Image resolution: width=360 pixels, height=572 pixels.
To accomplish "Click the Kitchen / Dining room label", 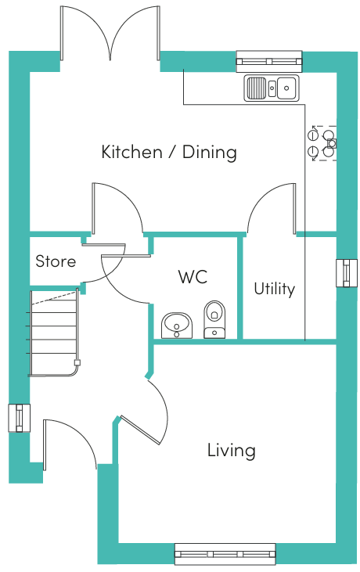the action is (169, 152).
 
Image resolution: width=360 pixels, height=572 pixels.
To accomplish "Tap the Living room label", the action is (231, 451).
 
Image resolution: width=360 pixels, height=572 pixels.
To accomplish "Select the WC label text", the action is (193, 277).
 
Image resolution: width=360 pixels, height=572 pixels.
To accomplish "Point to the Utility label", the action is (274, 290).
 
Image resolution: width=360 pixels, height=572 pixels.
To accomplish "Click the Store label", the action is (56, 261).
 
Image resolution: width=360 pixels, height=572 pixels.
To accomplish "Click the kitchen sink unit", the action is (272, 88).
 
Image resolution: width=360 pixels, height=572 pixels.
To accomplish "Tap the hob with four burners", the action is (322, 143).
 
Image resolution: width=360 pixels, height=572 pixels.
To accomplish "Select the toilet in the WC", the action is (214, 319).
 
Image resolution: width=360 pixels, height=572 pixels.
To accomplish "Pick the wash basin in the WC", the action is (177, 325).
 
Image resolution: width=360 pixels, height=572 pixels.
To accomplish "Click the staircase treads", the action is (54, 333).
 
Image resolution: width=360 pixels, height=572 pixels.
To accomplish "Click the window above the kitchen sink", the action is (269, 61).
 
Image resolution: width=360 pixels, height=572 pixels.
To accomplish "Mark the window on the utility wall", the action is (347, 273).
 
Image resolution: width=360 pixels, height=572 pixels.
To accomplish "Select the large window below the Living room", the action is (225, 554).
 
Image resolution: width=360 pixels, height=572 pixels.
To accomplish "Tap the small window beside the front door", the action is (19, 418).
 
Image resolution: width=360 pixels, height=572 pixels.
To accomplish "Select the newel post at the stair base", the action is (77, 362).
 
